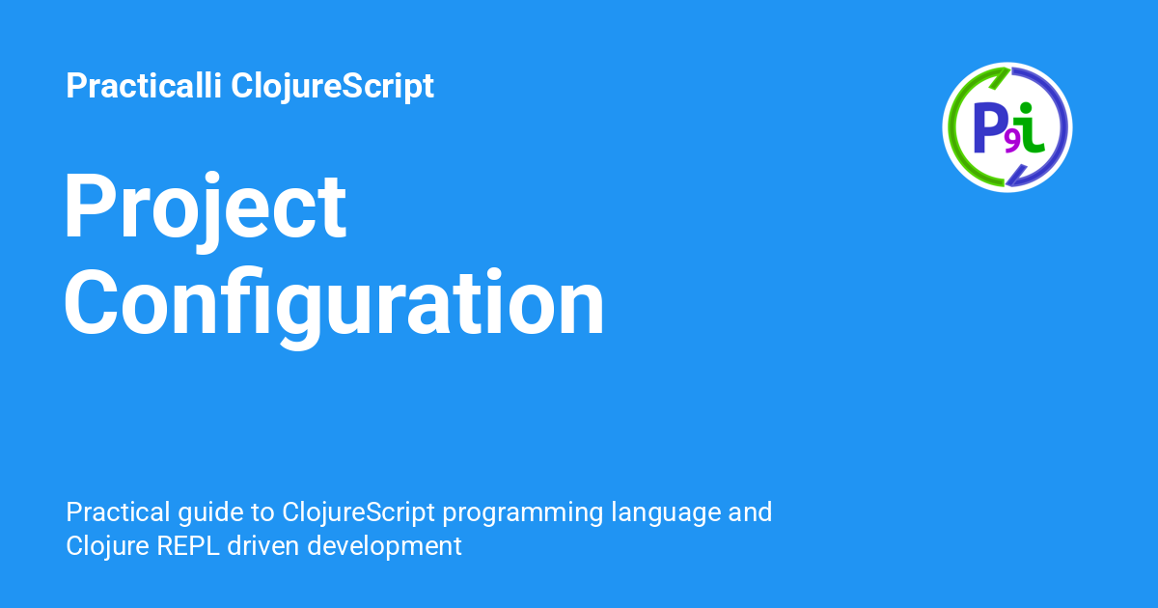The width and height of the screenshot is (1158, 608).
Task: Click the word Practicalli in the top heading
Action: click(x=144, y=85)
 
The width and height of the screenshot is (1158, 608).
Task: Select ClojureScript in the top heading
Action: click(x=332, y=86)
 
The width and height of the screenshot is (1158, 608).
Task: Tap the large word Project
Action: click(x=205, y=212)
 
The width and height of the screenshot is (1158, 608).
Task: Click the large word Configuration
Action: click(x=334, y=307)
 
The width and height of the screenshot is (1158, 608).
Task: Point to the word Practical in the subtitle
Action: click(x=118, y=511)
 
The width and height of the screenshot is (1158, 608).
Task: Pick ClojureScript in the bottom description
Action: click(x=358, y=513)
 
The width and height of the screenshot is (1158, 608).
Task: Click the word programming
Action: click(x=523, y=513)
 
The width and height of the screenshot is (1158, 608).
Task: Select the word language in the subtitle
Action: click(x=665, y=513)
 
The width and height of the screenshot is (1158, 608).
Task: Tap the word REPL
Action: click(x=187, y=546)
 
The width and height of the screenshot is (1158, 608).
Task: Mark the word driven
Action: click(x=263, y=546)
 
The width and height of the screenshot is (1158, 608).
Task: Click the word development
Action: click(x=384, y=547)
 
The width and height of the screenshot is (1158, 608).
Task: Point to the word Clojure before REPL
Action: click(x=107, y=547)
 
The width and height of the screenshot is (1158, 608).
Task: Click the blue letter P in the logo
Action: click(x=988, y=127)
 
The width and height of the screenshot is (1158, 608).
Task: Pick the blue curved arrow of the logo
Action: click(x=1061, y=127)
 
